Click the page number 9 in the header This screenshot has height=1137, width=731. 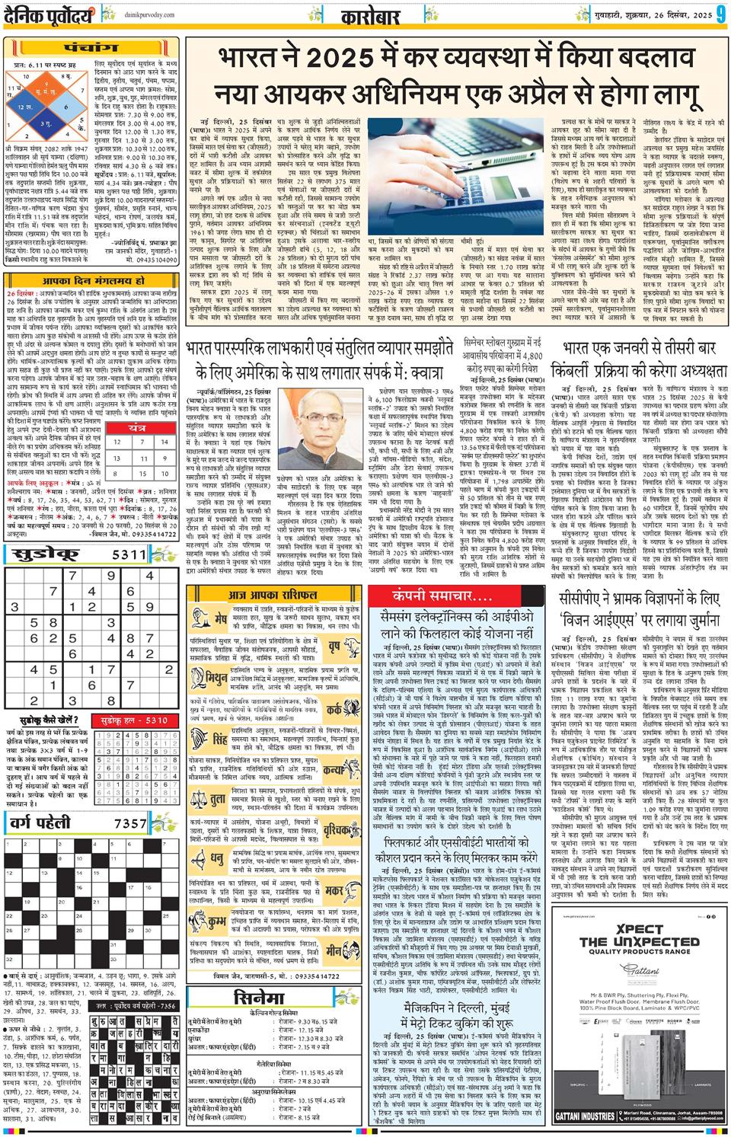[719, 15]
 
